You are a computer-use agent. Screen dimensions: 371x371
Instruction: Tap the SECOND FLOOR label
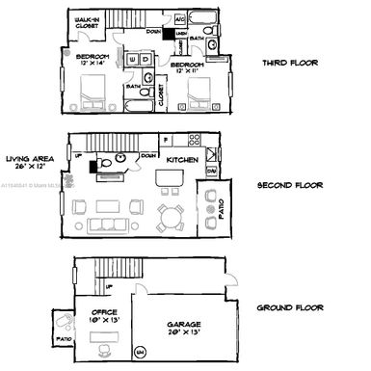[290, 185]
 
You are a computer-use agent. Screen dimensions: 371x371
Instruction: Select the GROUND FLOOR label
[290, 308]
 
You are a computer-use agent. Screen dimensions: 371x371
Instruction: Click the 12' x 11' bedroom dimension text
[186, 71]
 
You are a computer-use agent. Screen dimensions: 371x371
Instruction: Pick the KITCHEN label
[182, 159]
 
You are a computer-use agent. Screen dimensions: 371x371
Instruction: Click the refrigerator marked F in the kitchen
[166, 140]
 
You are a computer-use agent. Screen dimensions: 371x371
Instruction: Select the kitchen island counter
[170, 179]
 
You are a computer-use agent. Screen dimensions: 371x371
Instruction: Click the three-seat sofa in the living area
[105, 225]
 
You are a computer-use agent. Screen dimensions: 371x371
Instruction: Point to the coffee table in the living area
[106, 206]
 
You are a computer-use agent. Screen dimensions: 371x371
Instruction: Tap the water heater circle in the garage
[141, 351]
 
